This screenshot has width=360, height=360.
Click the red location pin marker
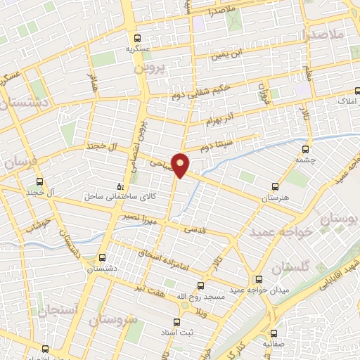click(x=181, y=165)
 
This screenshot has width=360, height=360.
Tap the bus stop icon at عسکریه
click(x=139, y=39)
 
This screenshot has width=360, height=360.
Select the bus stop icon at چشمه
click(x=305, y=149)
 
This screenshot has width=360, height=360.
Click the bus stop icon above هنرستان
click(x=275, y=187)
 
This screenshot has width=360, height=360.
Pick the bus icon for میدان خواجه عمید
click(x=260, y=279)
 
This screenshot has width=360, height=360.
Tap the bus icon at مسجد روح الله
click(x=201, y=285)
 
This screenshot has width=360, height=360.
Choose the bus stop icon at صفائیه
click(x=274, y=333)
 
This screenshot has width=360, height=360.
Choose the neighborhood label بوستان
click(x=341, y=220)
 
